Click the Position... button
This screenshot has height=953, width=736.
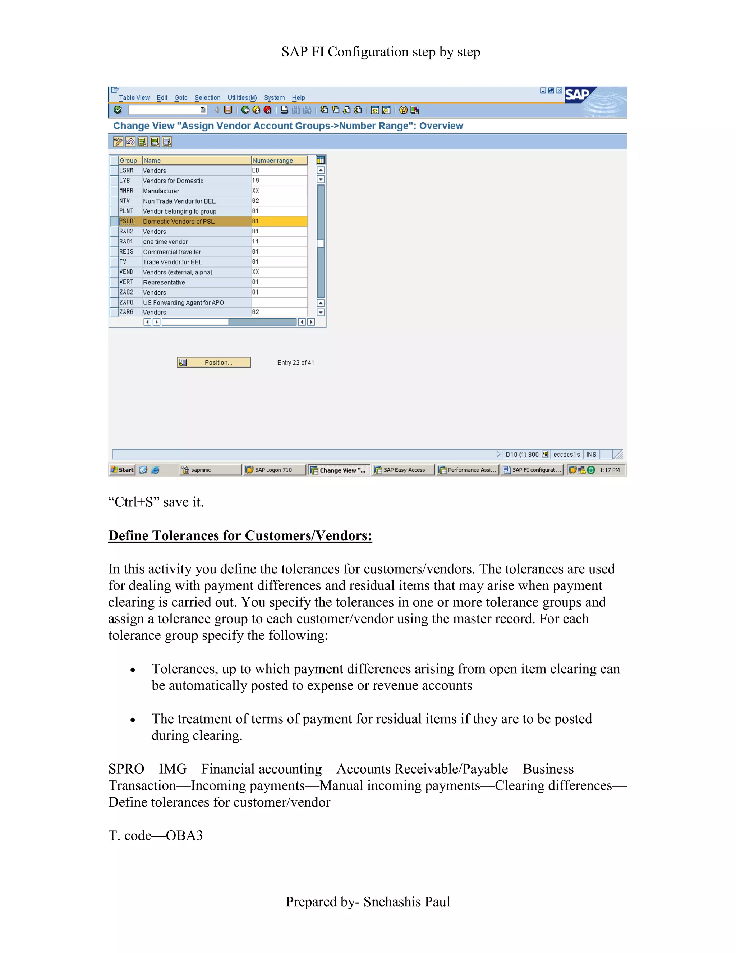(214, 362)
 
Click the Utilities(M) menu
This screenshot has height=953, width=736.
(242, 98)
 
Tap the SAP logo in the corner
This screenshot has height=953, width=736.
(577, 95)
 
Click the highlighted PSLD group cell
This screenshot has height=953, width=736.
(127, 221)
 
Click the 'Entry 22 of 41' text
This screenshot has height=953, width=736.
(295, 362)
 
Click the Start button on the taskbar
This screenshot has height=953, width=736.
(122, 470)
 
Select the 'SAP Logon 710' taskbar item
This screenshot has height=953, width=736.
(273, 470)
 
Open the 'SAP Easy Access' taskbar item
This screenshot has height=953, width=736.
(403, 470)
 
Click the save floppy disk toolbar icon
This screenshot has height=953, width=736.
(227, 110)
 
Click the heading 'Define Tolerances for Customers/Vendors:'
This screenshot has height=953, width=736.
(240, 535)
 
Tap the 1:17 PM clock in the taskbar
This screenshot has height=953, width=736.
(609, 470)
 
